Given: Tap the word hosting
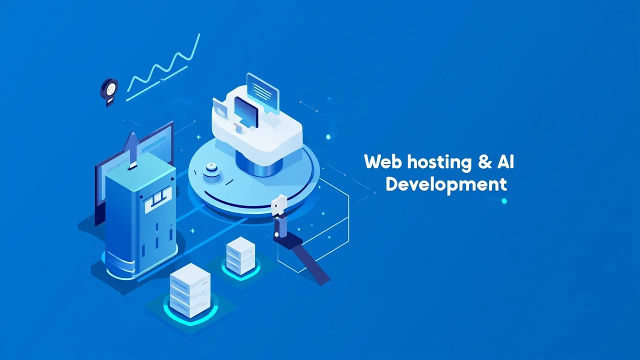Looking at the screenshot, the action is coord(439,163).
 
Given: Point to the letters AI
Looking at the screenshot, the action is coord(505,161).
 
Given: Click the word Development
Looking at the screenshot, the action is coord(446,185).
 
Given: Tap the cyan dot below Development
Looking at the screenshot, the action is coord(504,201).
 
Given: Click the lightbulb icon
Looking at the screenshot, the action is coord(109,92).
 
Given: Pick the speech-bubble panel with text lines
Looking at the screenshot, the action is coord(262,93).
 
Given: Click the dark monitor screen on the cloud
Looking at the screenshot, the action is coord(246,111).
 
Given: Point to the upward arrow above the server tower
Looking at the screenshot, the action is coord(131,149).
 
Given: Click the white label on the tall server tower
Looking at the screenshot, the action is coord(158,199).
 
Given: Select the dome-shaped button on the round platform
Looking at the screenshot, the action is coord(211,171).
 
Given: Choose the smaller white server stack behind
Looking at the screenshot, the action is coord(240,255).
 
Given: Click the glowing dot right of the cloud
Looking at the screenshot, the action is coord(328,137).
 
